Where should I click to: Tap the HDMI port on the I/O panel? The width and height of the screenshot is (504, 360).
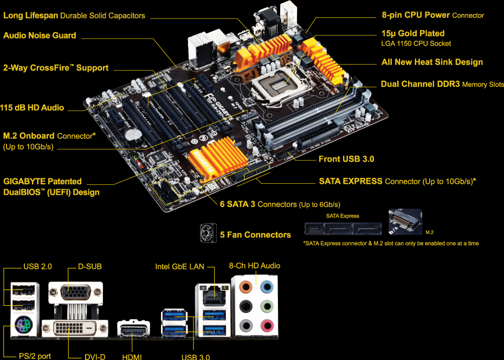point(133,330)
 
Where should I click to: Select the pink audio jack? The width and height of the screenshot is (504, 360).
point(266,326)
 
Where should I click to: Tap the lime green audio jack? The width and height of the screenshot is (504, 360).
point(266,306)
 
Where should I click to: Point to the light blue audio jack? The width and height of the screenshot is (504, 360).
point(266,286)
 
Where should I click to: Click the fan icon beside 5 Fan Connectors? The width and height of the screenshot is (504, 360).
point(209,234)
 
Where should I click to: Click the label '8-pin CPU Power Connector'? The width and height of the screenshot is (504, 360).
point(432,15)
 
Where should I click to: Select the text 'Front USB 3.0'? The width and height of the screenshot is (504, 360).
point(346,159)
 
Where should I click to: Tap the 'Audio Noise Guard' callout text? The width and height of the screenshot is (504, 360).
point(40,35)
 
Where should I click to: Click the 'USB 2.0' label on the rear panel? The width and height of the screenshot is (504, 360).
point(37,267)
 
